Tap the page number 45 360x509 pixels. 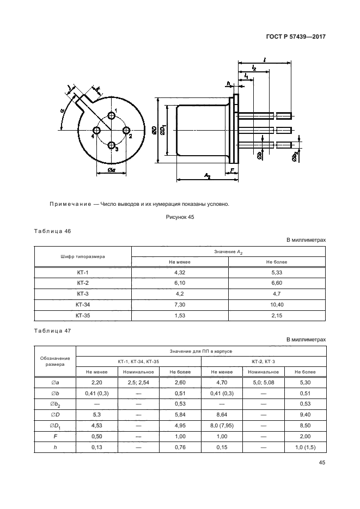click(x=322, y=463)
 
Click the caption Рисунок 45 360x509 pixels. click(x=180, y=217)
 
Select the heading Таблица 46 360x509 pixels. click(x=52, y=231)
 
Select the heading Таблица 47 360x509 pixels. click(x=52, y=330)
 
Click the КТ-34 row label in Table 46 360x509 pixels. click(x=83, y=304)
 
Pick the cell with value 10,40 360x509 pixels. click(x=277, y=304)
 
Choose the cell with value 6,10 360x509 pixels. click(x=180, y=283)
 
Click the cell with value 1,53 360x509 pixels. click(x=180, y=315)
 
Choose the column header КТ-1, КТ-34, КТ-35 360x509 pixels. click(x=138, y=361)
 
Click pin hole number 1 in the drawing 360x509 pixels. click(x=112, y=116)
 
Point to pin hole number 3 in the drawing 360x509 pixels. click(x=112, y=145)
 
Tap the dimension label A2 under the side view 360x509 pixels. click(x=208, y=175)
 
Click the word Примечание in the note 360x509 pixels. click(x=70, y=205)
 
